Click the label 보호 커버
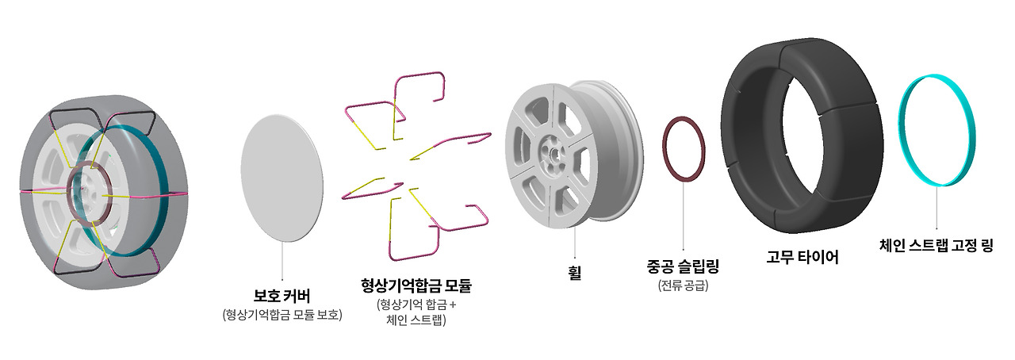pyautogui.click(x=282, y=297)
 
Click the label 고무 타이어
pyautogui.click(x=802, y=257)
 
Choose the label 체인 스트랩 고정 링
pyautogui.click(x=936, y=246)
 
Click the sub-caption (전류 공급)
pyautogui.click(x=683, y=285)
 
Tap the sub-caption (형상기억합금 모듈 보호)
pyautogui.click(x=282, y=316)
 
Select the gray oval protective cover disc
pyautogui.click(x=282, y=178)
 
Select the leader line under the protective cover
pyautogui.click(x=282, y=262)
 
